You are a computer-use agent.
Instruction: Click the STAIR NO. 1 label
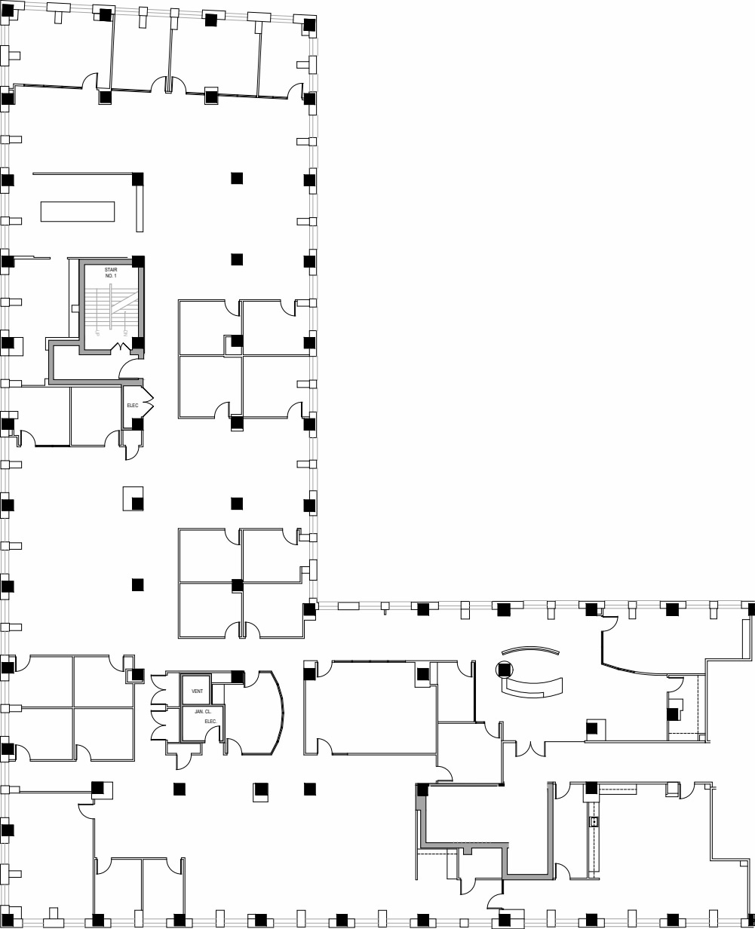point(111,273)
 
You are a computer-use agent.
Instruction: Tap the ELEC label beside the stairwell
point(133,406)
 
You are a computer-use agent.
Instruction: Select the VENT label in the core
point(198,691)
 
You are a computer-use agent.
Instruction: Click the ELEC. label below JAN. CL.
point(210,722)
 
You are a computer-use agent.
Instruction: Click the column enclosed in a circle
point(504,669)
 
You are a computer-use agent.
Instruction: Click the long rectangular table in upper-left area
point(77,211)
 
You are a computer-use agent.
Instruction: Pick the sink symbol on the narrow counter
point(594,822)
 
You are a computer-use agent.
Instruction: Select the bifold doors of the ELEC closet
point(147,406)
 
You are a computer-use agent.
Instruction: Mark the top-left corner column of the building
point(8,10)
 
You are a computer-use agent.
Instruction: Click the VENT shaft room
point(195,690)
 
